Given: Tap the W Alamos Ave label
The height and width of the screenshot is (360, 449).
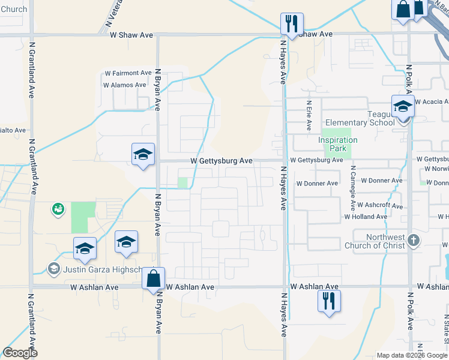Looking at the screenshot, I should click(125, 85).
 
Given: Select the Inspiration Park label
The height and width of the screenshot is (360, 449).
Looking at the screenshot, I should click(338, 144).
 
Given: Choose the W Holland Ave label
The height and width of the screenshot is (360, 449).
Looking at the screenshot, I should click(366, 217).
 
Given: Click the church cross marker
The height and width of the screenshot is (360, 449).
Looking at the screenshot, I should click(413, 241).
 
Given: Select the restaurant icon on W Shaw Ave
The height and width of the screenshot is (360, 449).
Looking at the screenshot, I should click(292, 25).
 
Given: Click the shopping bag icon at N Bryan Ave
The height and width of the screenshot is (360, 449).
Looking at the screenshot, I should click(154, 278).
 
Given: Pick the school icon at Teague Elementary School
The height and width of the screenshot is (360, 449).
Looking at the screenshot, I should click(403, 107).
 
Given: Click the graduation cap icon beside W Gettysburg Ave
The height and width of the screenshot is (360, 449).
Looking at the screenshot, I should click(143, 155).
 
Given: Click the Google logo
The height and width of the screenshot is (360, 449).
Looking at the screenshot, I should click(20, 353).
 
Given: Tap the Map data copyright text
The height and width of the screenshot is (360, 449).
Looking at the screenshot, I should click(412, 355).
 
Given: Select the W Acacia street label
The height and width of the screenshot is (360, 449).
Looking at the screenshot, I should click(431, 103).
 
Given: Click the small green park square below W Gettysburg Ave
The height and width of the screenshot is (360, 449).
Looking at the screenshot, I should click(182, 182).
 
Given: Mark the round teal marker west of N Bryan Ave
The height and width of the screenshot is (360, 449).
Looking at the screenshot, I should click(58, 209).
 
